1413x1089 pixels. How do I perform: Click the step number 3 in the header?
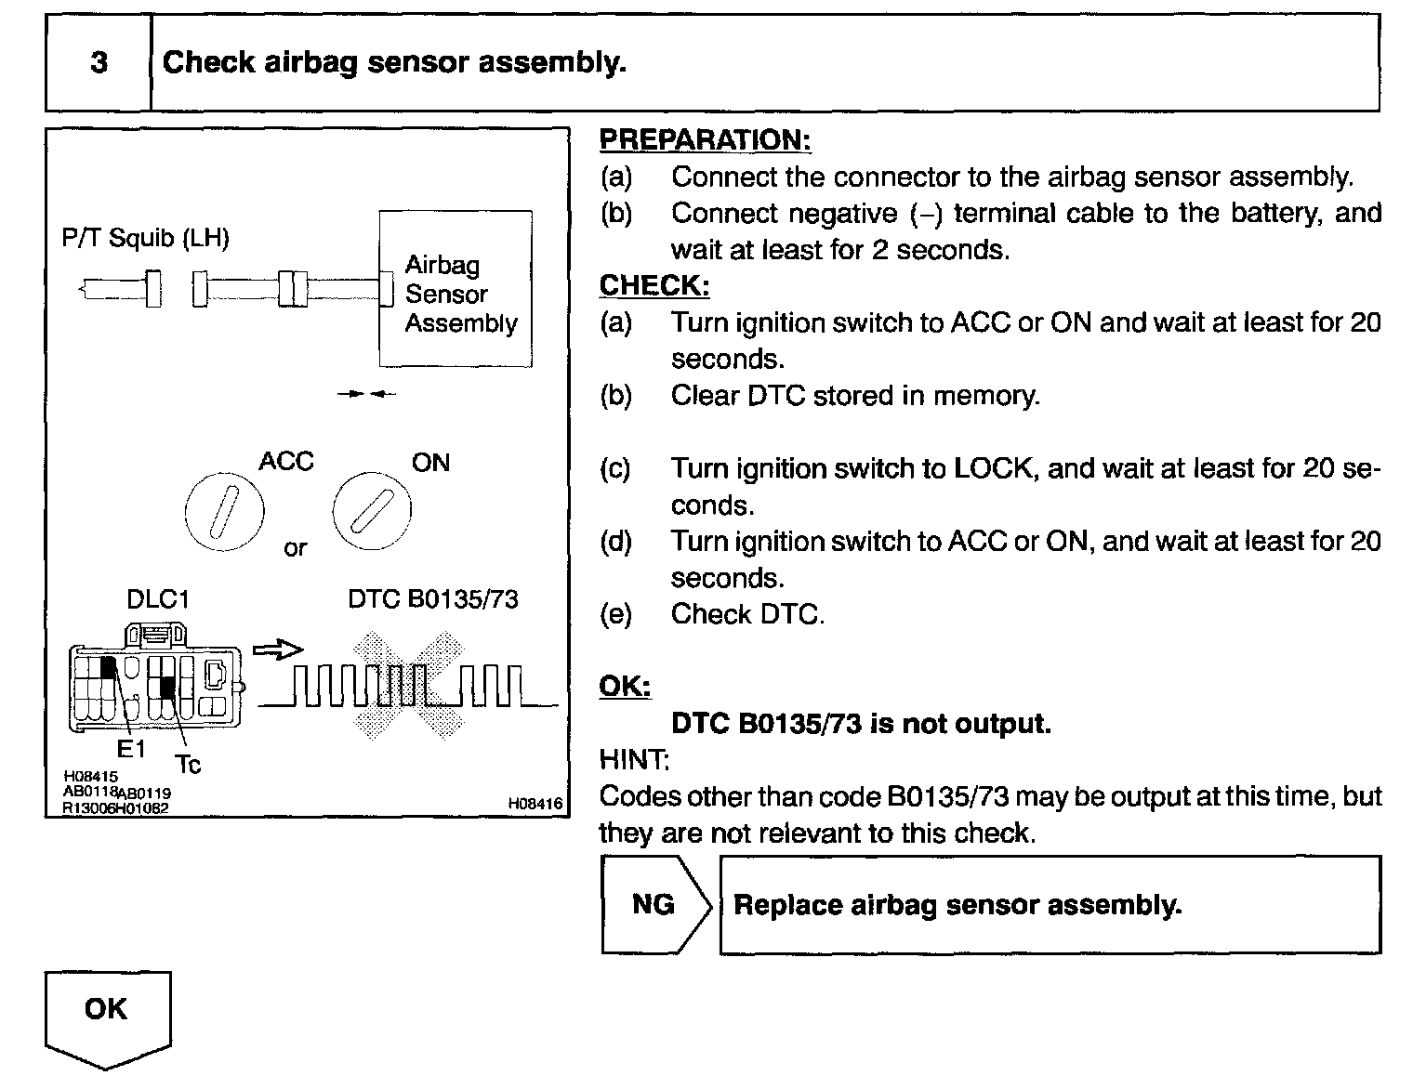click(x=99, y=62)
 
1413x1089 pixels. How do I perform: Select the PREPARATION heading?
click(x=705, y=140)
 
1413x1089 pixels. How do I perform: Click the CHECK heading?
click(x=654, y=285)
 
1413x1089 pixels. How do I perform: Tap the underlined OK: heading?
click(x=625, y=687)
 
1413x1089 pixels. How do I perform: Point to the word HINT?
click(x=633, y=760)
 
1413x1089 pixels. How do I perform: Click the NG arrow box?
click(x=654, y=904)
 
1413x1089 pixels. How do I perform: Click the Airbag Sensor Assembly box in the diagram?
click(x=456, y=290)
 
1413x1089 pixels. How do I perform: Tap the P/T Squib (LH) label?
click(x=145, y=238)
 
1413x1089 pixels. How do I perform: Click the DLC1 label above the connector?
click(x=158, y=599)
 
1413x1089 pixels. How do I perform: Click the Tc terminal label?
click(x=188, y=765)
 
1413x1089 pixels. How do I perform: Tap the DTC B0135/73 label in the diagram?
click(x=432, y=599)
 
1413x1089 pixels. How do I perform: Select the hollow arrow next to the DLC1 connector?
click(x=278, y=650)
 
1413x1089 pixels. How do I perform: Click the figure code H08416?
click(x=535, y=804)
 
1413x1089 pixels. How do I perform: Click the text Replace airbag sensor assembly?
click(x=957, y=905)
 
